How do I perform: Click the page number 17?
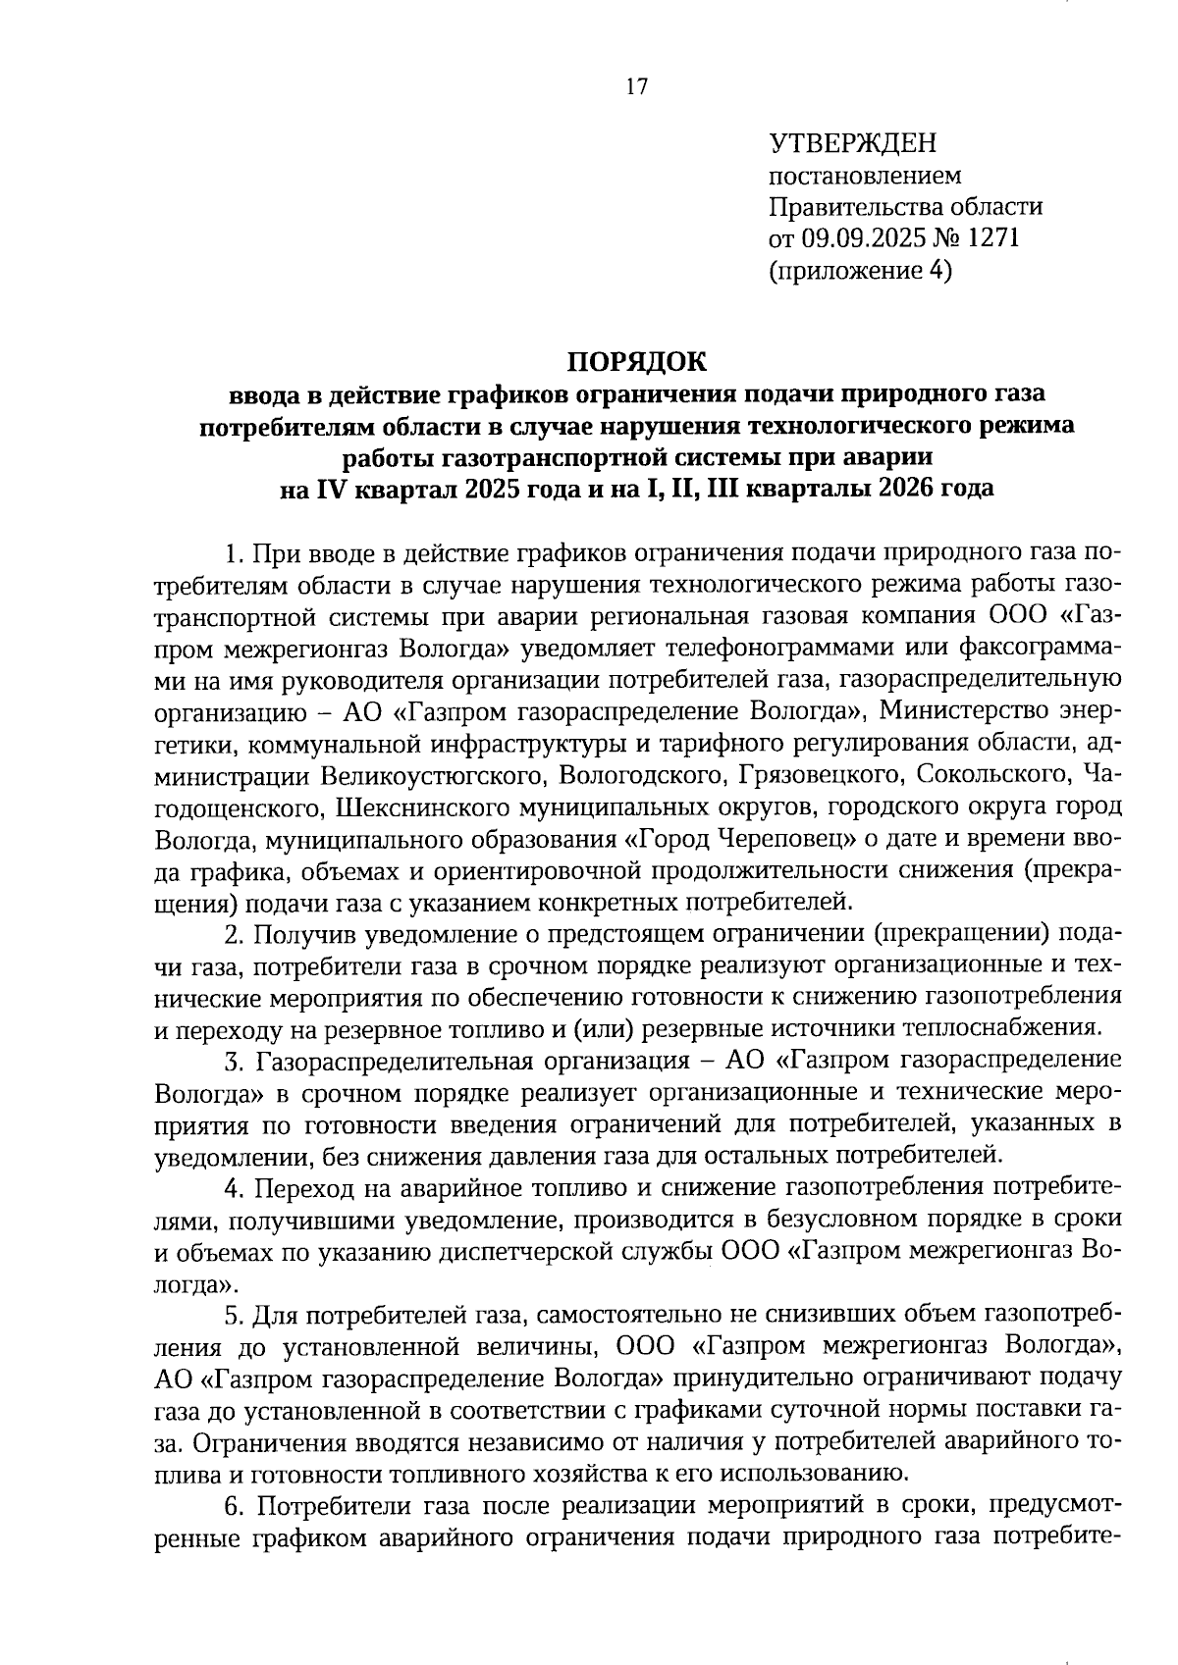click(x=636, y=87)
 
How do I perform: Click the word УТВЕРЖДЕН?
click(x=852, y=144)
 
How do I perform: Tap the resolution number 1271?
click(x=994, y=238)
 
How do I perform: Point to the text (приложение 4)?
click(x=860, y=270)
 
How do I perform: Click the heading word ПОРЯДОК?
click(x=636, y=361)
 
